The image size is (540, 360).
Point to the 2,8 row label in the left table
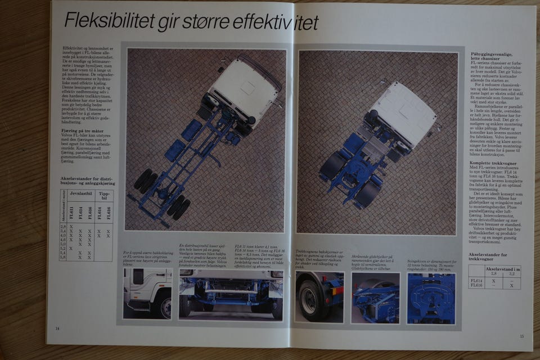(63, 226)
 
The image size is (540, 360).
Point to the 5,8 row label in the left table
(63, 258)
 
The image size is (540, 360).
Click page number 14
(57, 328)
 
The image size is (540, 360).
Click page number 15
(521, 336)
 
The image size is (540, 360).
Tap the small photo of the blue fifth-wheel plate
(430, 298)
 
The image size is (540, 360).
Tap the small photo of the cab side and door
(147, 292)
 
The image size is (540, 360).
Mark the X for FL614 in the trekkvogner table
(493, 280)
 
